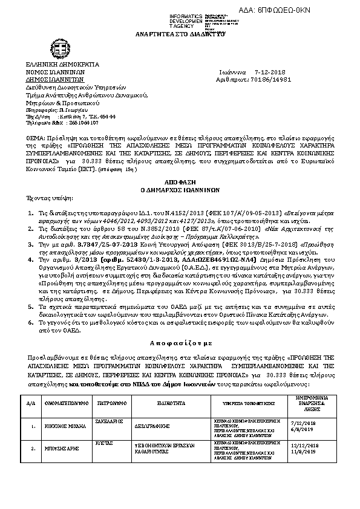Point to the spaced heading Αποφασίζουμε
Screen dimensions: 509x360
(x=180, y=342)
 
